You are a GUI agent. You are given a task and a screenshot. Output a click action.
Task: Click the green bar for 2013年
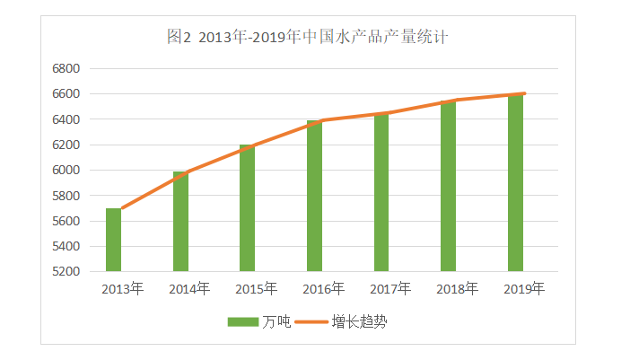coord(113,240)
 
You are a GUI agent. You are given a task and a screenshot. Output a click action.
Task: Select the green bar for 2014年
coord(180,222)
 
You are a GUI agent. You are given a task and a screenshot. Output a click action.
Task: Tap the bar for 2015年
coord(247,208)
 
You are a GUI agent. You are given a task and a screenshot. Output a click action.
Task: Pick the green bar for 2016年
coord(314,196)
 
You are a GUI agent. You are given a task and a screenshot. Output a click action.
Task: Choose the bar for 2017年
coord(381,192)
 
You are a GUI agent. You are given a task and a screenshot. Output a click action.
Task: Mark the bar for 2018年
coord(448,186)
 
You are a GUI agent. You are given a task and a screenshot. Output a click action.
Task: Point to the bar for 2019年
coord(515,182)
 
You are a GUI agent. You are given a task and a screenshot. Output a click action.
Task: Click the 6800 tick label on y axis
coord(67,68)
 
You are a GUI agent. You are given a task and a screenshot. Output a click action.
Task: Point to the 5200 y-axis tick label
coord(67,271)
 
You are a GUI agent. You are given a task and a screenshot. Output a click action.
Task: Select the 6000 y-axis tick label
coord(67,170)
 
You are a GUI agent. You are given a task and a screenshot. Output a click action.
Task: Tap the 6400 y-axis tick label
coord(67,119)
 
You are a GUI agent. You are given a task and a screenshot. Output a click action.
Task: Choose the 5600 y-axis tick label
coord(67,221)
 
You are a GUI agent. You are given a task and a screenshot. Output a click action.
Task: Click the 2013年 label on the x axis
coord(122,289)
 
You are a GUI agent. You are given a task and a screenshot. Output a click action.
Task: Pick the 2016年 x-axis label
coord(323,289)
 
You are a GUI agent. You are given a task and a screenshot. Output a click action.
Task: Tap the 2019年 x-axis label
coord(524,289)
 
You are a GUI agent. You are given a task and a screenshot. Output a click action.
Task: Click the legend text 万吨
coord(276,320)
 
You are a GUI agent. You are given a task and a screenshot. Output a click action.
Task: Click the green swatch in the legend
coord(242,320)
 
